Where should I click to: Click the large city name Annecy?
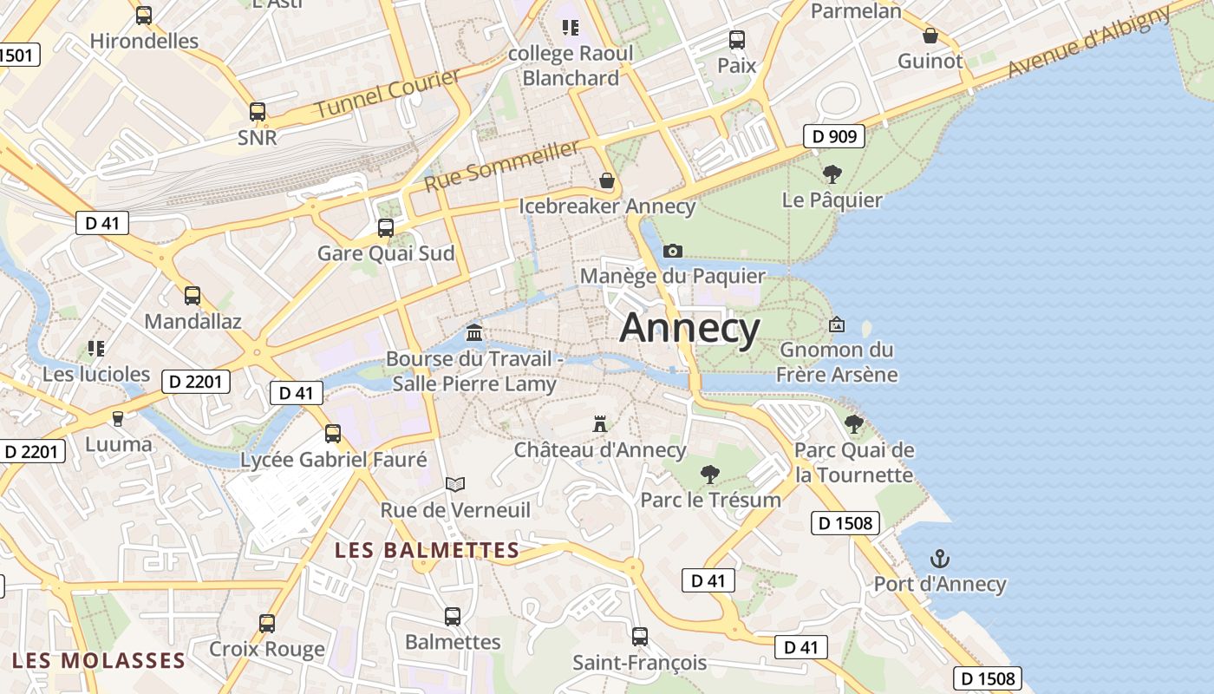tap(689, 328)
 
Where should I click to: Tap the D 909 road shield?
tap(834, 135)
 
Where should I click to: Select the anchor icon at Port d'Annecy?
tap(939, 559)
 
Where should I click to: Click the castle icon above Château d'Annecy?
tap(599, 424)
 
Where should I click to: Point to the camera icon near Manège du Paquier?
tap(672, 252)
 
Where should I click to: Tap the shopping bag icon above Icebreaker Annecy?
tap(607, 181)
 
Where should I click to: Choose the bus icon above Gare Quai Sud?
tap(386, 228)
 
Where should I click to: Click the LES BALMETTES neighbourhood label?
tap(427, 550)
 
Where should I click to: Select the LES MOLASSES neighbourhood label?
tap(99, 660)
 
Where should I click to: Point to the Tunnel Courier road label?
tap(387, 94)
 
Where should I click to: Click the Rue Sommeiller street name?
tap(501, 166)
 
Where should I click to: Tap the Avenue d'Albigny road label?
tap(1090, 43)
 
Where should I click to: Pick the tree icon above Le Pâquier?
tap(832, 174)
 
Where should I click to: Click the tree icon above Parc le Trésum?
tap(710, 475)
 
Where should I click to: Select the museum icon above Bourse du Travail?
tap(474, 332)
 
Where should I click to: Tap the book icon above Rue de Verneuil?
tap(455, 484)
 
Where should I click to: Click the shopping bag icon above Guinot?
tap(930, 36)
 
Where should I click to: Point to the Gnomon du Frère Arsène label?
tap(837, 362)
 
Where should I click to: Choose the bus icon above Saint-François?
tap(640, 637)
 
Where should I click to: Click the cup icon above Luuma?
tap(118, 418)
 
